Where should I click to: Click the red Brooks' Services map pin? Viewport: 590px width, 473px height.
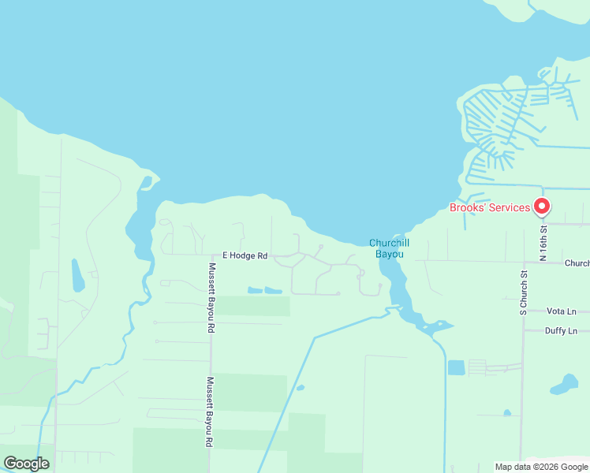pyautogui.click(x=542, y=207)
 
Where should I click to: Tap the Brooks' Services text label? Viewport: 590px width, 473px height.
pyautogui.click(x=489, y=208)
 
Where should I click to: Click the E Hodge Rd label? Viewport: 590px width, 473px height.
pyautogui.click(x=245, y=255)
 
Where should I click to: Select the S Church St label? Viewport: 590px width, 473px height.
pyautogui.click(x=524, y=292)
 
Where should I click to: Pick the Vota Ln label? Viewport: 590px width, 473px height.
pyautogui.click(x=562, y=311)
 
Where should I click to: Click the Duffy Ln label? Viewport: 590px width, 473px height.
pyautogui.click(x=562, y=331)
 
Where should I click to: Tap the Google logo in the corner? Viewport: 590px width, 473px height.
pyautogui.click(x=26, y=464)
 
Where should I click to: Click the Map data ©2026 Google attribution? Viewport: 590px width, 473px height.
pyautogui.click(x=542, y=467)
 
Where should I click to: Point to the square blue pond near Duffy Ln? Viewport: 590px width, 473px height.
pyautogui.click(x=456, y=367)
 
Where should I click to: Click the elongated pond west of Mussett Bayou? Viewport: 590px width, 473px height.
pyautogui.click(x=77, y=275)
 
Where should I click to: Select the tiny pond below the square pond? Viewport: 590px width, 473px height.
pyautogui.click(x=506, y=412)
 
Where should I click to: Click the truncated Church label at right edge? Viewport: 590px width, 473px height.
pyautogui.click(x=577, y=263)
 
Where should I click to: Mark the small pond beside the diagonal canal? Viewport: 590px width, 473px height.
pyautogui.click(x=301, y=388)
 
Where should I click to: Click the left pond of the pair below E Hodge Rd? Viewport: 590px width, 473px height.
pyautogui.click(x=255, y=290)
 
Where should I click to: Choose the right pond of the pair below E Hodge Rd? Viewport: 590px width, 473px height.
pyautogui.click(x=273, y=290)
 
